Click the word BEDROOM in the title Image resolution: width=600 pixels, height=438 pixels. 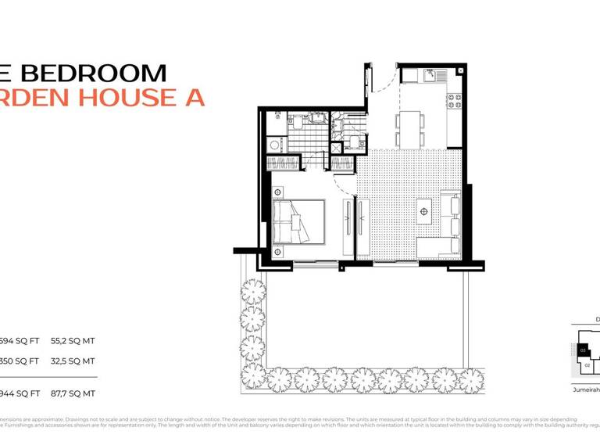click(93, 74)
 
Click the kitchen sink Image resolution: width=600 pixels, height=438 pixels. click(430, 76)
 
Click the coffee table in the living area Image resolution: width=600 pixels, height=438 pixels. click(424, 210)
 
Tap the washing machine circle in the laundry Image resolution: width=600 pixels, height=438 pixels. click(274, 145)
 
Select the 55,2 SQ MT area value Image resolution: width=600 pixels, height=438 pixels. click(73, 341)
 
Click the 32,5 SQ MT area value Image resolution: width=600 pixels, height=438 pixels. click(73, 361)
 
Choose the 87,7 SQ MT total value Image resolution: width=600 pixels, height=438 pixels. click(73, 393)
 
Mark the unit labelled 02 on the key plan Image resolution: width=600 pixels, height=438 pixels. click(587, 364)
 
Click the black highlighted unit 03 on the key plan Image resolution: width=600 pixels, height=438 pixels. click(584, 350)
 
